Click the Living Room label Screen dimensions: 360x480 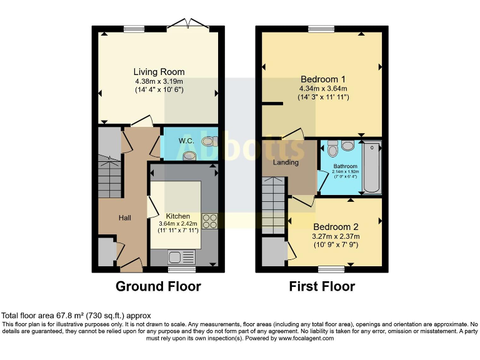[159, 72]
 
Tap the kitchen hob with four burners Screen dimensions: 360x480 [210, 221]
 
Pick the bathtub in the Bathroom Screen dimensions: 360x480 [371, 167]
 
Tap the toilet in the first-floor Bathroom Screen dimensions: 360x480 [332, 150]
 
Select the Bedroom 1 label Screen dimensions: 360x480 [323, 79]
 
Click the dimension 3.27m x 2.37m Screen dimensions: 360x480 [336, 236]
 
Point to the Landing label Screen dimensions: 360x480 [285, 162]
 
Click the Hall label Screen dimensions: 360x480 [125, 217]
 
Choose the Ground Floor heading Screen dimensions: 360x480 [158, 287]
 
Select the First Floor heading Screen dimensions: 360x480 [322, 287]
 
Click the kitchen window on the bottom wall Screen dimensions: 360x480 [182, 270]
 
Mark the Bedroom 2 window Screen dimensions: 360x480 [331, 270]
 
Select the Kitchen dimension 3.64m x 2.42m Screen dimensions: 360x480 [178, 224]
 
